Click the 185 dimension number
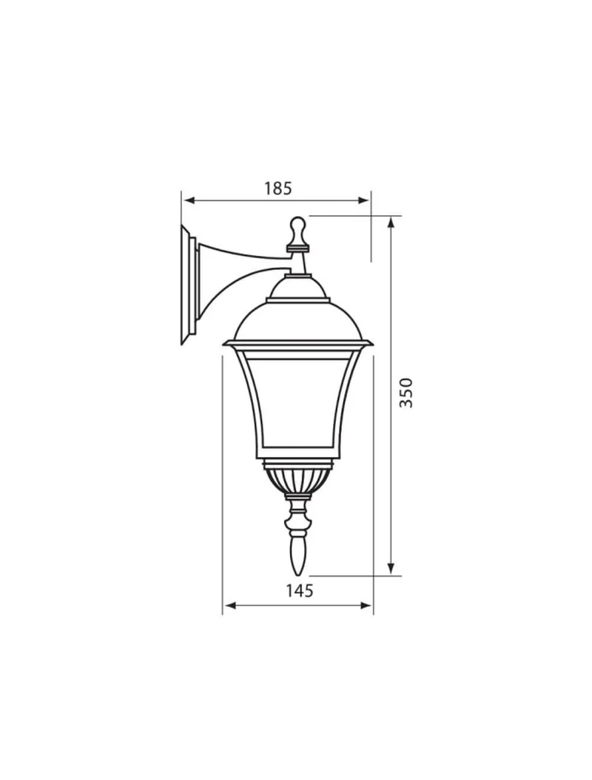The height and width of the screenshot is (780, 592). (x=277, y=189)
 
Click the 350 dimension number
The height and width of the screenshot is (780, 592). (x=407, y=393)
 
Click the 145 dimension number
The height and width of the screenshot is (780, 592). (x=299, y=591)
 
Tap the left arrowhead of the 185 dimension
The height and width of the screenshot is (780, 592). (x=189, y=200)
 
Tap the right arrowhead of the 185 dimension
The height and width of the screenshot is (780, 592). (x=364, y=200)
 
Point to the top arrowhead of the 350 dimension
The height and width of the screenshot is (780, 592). (x=391, y=223)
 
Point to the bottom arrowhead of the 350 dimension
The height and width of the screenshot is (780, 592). (x=391, y=569)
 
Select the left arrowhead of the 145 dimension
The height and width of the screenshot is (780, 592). (x=231, y=606)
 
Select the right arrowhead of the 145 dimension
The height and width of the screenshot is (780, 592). (x=366, y=606)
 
